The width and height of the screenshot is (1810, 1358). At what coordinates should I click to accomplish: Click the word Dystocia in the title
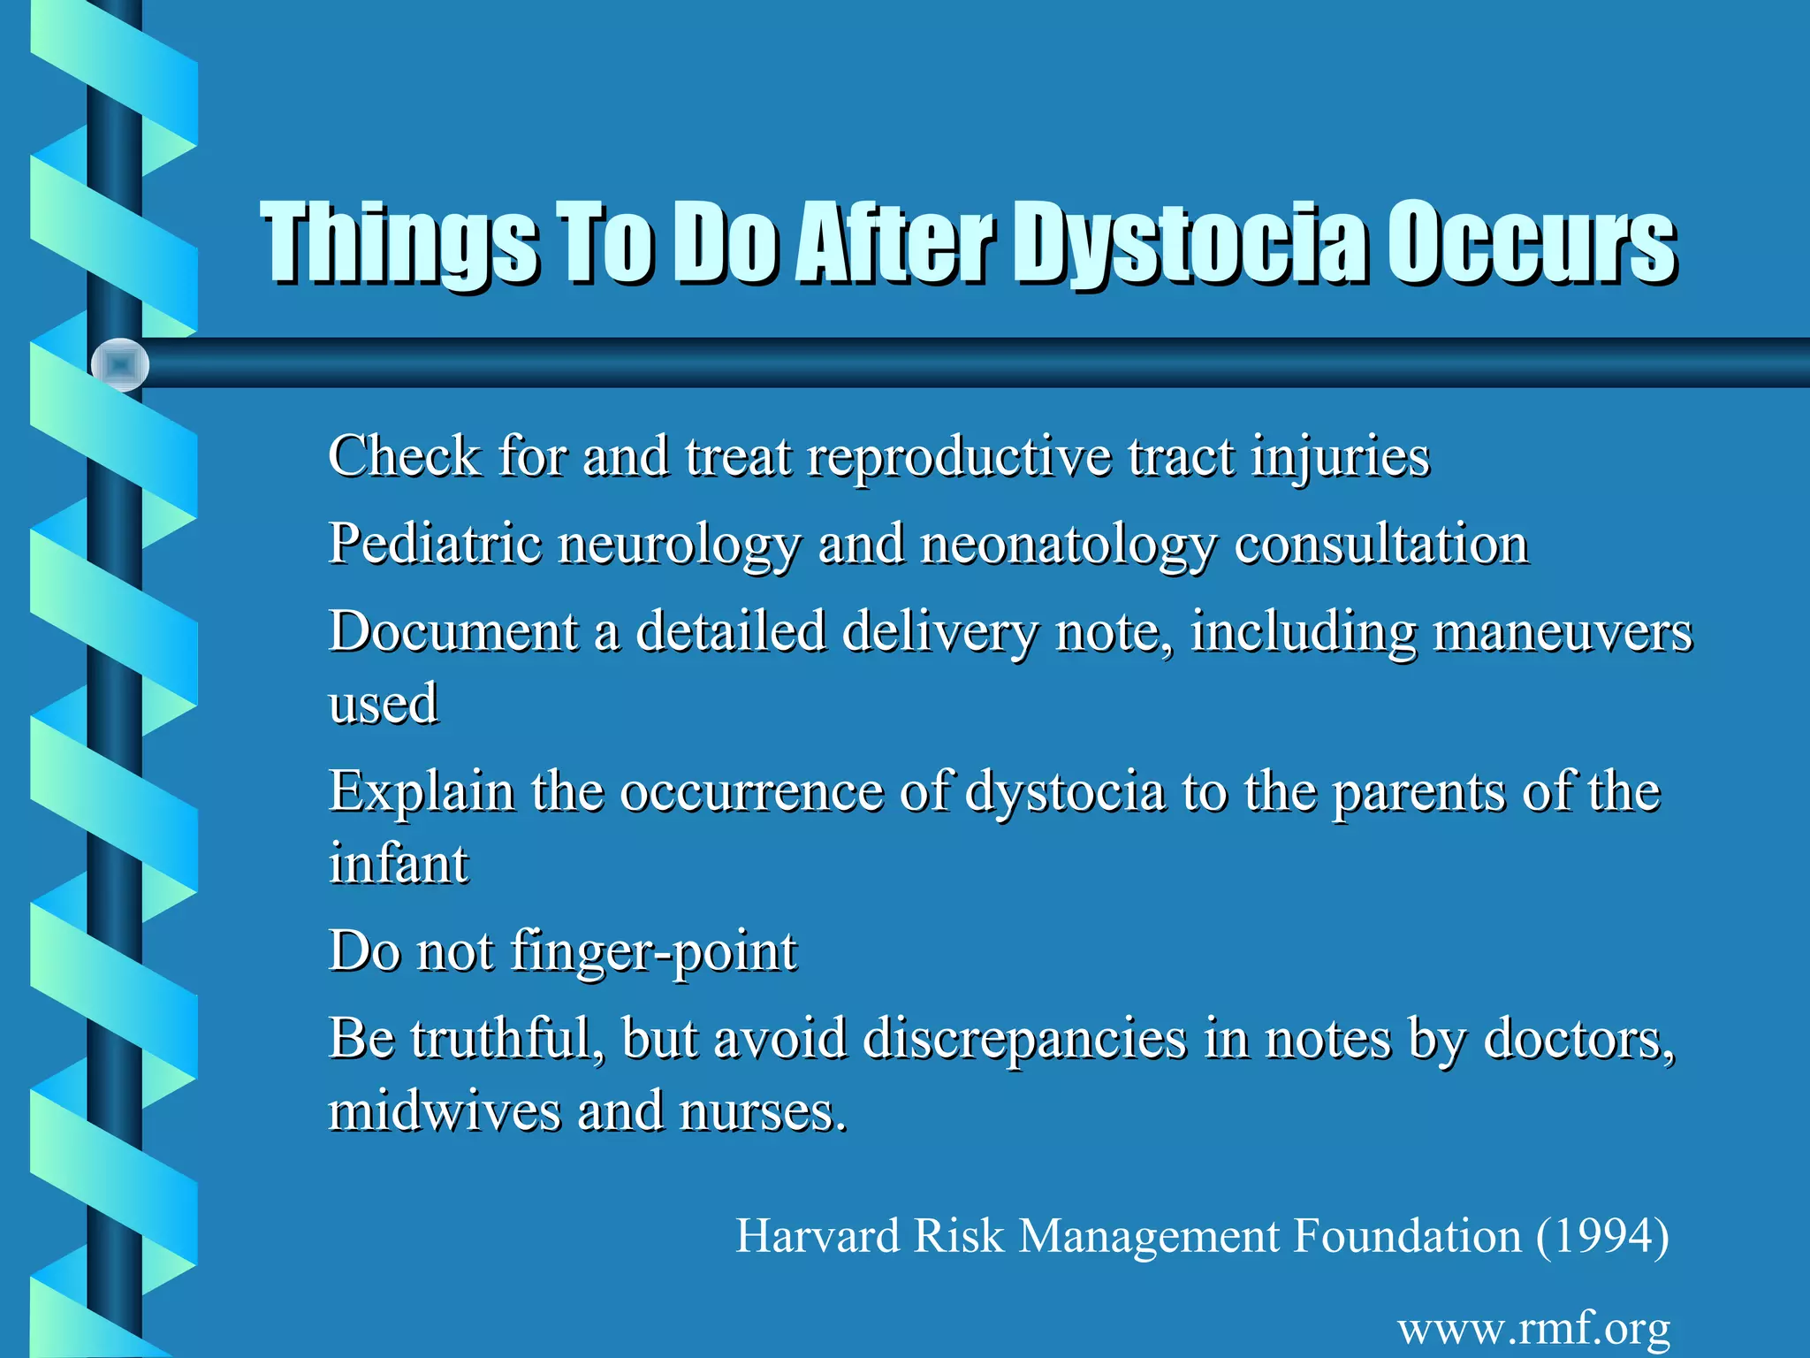(1188, 243)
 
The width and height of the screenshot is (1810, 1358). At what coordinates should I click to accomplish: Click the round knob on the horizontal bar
(120, 364)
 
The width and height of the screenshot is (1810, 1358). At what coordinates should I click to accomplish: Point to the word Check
(404, 456)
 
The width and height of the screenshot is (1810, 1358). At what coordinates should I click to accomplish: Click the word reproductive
(959, 458)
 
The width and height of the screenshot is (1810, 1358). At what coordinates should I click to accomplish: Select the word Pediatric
(435, 544)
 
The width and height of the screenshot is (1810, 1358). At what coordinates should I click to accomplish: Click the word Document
(453, 631)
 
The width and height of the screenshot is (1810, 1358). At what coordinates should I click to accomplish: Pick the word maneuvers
(1563, 633)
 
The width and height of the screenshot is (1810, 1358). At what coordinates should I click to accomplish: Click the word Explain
(421, 792)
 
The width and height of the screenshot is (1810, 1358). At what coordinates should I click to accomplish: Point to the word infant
(399, 863)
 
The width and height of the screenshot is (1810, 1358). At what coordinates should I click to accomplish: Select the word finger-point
(654, 952)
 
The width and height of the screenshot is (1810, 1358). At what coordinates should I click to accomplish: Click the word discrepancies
(1024, 1038)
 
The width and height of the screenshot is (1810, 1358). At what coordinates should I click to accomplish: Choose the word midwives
(445, 1110)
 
